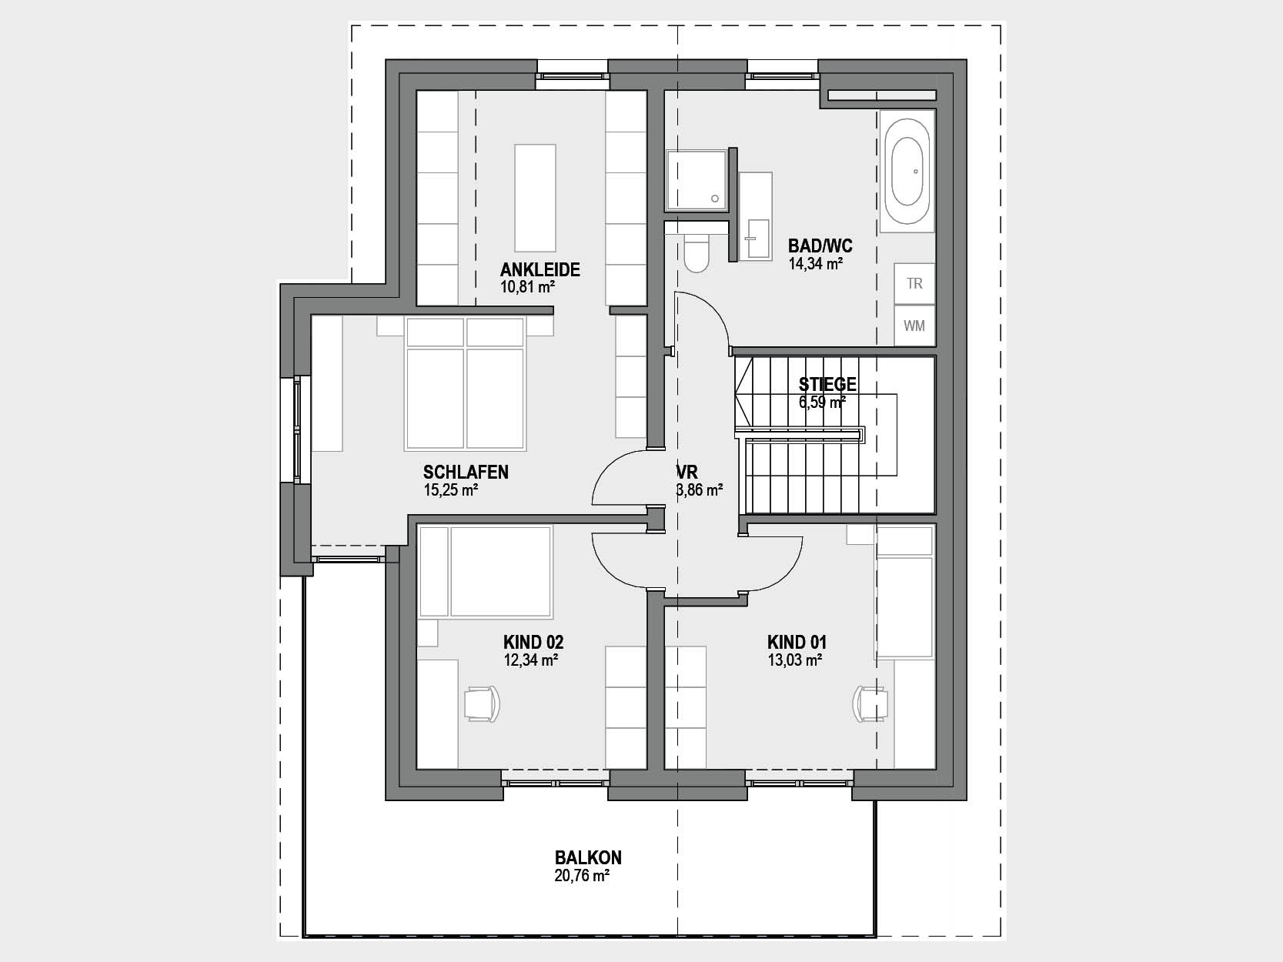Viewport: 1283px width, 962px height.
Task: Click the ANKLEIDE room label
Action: coord(540,269)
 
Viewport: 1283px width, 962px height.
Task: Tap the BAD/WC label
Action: coord(820,246)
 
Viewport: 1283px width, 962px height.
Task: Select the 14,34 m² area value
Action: coord(815,264)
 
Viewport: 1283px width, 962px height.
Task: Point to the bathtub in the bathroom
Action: coord(907,172)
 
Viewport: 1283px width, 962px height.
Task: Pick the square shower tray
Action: coord(697,180)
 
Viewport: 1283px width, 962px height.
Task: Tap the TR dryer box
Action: coord(914,283)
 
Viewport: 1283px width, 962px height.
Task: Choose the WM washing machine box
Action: coord(914,326)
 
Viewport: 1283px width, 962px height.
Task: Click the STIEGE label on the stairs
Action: coord(827,384)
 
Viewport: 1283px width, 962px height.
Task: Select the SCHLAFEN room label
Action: coord(466,472)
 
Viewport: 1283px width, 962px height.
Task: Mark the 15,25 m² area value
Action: coord(451,489)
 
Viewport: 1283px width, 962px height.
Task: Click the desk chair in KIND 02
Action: coord(483,703)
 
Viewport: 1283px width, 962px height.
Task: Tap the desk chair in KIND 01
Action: coord(870,703)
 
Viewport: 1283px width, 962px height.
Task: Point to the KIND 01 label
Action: coord(797,643)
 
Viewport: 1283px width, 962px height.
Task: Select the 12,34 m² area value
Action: coord(531,660)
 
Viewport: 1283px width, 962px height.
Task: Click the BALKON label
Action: coord(588,857)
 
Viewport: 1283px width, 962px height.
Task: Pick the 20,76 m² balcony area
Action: coord(582,876)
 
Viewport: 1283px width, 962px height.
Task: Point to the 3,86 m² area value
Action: coord(700,489)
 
